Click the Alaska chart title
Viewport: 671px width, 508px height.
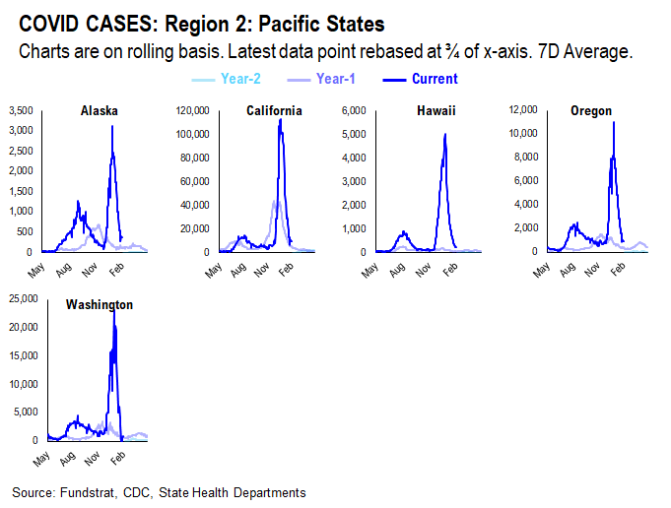(100, 111)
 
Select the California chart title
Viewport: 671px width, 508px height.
(274, 111)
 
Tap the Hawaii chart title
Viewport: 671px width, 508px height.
(436, 111)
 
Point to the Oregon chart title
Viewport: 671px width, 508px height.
(590, 111)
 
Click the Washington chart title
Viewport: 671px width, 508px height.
(99, 305)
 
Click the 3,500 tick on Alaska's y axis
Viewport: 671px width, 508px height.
(20, 110)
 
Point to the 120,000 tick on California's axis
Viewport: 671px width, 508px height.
(192, 110)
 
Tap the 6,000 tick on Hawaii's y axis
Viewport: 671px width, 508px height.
(355, 110)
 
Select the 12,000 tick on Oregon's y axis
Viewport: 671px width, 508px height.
(521, 110)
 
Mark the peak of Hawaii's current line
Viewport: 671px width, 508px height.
(445, 135)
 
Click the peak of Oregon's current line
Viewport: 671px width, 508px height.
(614, 122)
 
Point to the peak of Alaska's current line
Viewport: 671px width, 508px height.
(112, 126)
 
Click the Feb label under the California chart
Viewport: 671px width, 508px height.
(284, 269)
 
